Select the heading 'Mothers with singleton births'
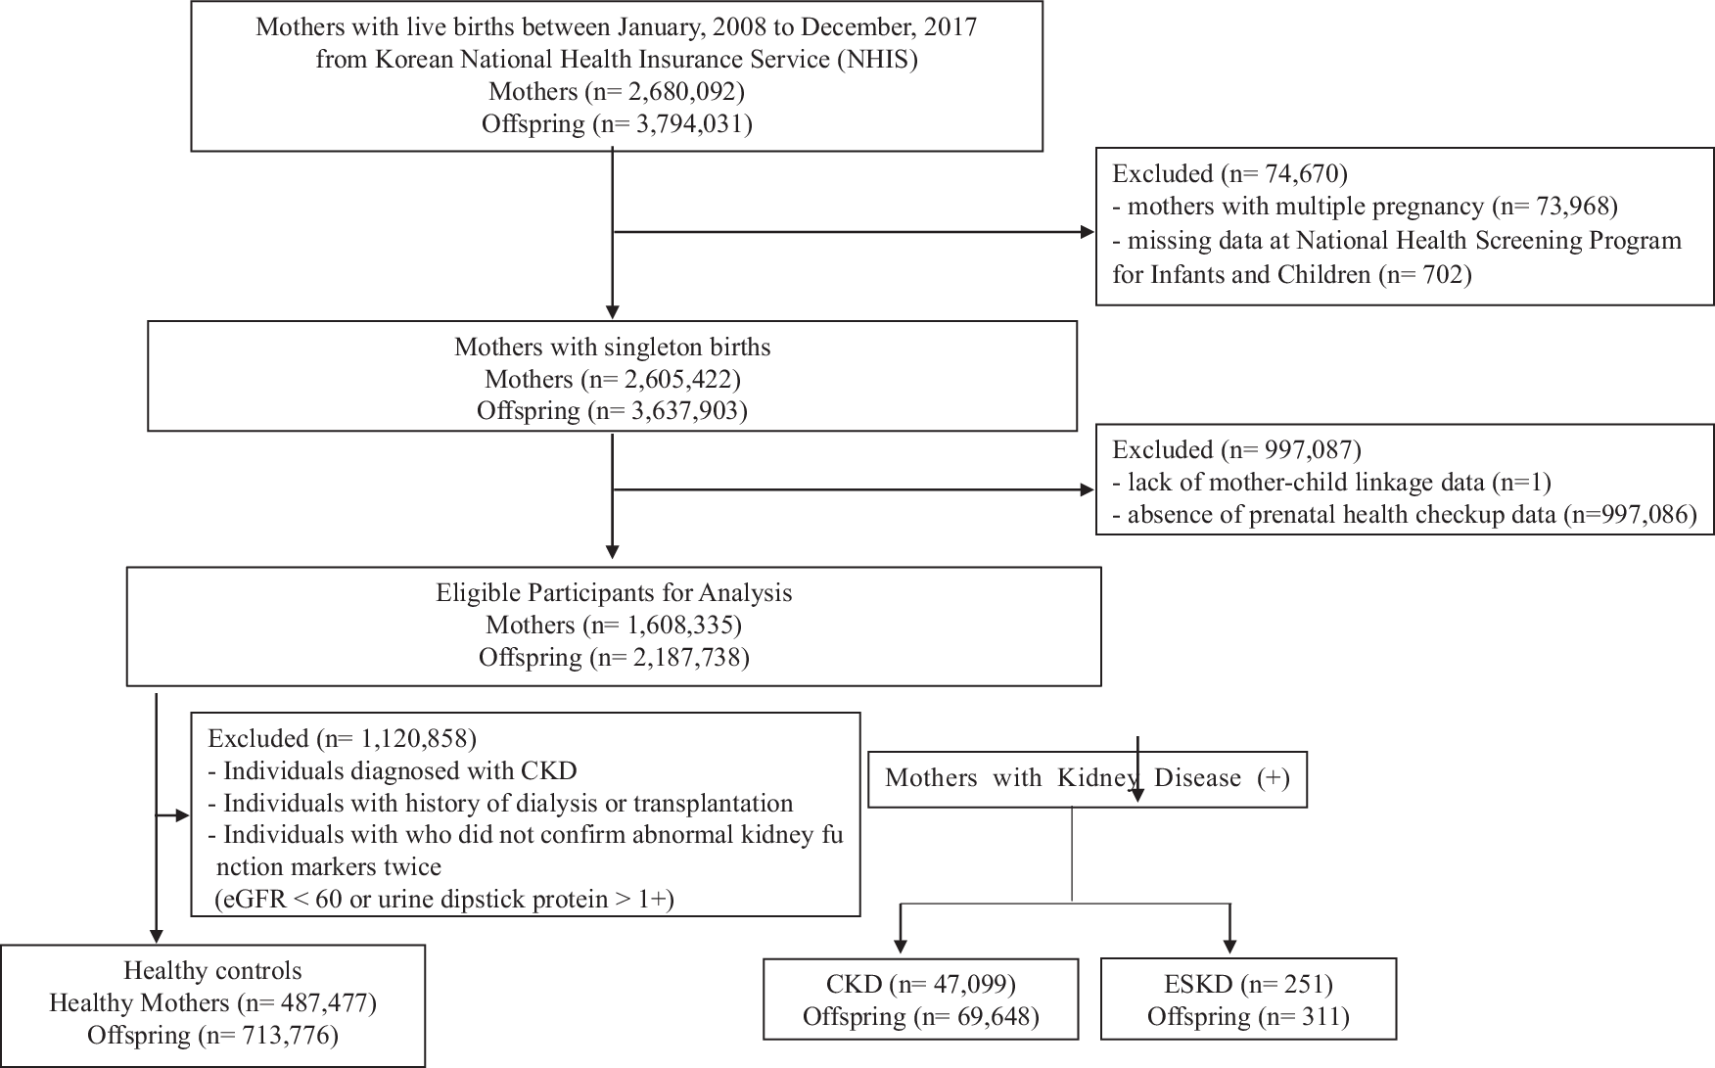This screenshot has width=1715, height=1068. [x=612, y=348]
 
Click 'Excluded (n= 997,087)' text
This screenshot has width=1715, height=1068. [x=1236, y=449]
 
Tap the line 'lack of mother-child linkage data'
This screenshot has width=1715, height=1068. [x=1310, y=482]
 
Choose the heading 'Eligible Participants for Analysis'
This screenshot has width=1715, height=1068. [x=614, y=592]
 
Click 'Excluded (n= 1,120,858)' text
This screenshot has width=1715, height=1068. [x=342, y=738]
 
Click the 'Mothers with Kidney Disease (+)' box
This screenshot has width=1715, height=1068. [x=1087, y=778]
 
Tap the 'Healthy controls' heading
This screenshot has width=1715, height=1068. [x=212, y=971]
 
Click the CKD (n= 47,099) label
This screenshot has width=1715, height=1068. [x=921, y=984]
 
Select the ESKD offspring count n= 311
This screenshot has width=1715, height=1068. [x=1297, y=1017]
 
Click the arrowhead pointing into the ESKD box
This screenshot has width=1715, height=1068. [x=1229, y=945]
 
